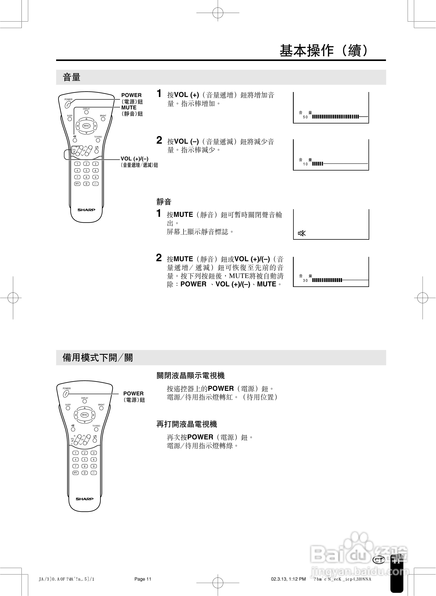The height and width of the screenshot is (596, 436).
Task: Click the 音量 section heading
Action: (71, 77)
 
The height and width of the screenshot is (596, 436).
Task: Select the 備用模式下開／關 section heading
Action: (97, 358)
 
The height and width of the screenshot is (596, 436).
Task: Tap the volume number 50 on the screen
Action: (305, 117)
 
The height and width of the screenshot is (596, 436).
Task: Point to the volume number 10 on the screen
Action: (305, 164)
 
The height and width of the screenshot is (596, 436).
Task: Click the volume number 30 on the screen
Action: (305, 280)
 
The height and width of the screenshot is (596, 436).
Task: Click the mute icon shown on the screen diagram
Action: (302, 233)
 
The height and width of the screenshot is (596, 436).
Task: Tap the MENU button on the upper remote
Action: (86, 126)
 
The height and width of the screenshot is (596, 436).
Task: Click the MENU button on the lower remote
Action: (84, 415)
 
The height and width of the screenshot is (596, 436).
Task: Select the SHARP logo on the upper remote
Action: (86, 210)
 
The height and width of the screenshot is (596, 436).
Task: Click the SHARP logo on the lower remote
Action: (84, 499)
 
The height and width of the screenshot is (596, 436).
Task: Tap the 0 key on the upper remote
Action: (86, 184)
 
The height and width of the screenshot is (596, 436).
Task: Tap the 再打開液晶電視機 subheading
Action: (186, 424)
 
